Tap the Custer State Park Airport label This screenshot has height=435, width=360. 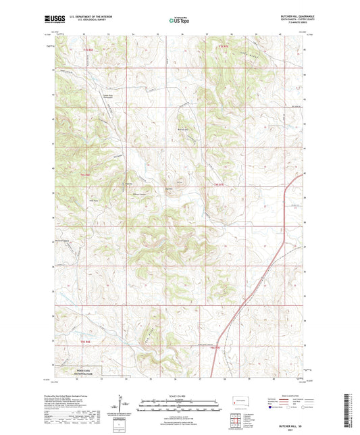pos(107,97)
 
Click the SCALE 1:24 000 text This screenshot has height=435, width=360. pos(180,396)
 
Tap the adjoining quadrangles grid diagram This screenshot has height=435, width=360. pos(237,422)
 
